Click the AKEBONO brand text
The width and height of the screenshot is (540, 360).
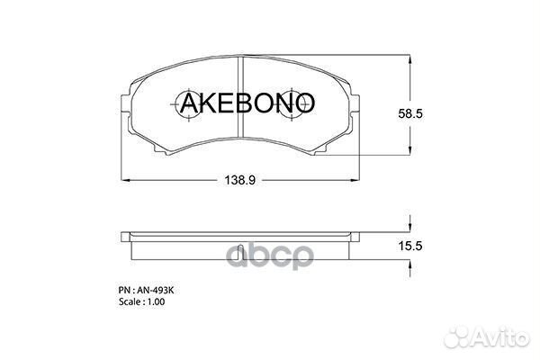tap(247, 103)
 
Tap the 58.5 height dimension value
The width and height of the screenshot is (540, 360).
tap(410, 113)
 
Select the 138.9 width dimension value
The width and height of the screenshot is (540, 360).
tap(240, 180)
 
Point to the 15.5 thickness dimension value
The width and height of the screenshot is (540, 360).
tap(410, 246)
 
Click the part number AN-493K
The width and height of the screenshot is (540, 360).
tap(156, 291)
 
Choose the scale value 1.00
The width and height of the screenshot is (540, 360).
tap(156, 301)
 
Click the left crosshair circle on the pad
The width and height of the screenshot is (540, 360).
tap(188, 103)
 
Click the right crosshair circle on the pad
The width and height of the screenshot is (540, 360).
tap(292, 103)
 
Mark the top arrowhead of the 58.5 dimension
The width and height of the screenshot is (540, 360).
tap(409, 59)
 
